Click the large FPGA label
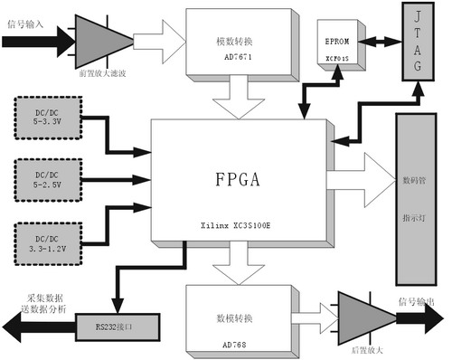pos(239,177)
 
